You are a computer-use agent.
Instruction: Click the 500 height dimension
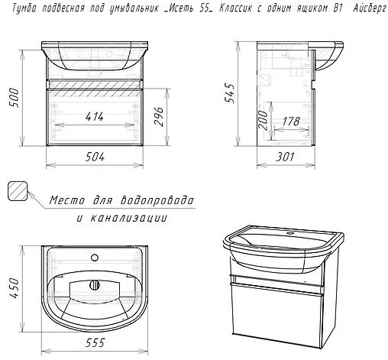[14, 98]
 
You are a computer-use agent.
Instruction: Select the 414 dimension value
[95, 117]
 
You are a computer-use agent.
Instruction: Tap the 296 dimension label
[159, 116]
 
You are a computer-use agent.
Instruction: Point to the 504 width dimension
[95, 157]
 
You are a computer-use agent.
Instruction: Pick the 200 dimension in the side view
[264, 121]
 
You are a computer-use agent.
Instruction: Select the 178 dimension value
[291, 122]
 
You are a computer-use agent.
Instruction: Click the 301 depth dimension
[285, 157]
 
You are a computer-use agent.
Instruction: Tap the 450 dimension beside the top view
[14, 288]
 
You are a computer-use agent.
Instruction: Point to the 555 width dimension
[95, 342]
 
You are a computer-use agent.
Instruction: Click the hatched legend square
[18, 191]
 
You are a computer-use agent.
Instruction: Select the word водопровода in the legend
[157, 200]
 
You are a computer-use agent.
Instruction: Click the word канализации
[129, 218]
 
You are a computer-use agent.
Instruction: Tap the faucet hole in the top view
[95, 258]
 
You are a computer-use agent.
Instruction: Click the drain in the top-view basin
[95, 284]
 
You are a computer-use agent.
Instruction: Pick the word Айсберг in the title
[370, 8]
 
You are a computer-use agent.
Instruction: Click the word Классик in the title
[235, 8]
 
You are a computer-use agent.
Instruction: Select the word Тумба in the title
[24, 8]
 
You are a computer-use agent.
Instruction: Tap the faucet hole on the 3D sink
[289, 233]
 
